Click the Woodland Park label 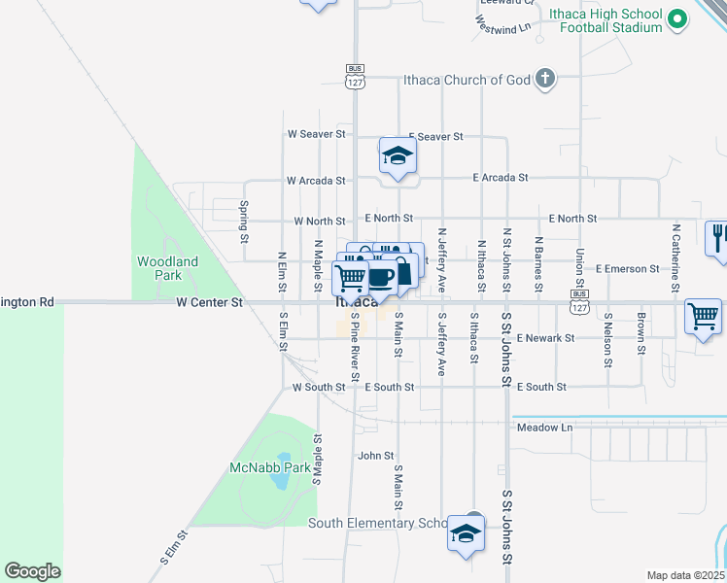167,268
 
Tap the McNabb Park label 269,467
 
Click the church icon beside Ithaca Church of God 545,79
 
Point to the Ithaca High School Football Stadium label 605,20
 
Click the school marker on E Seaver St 398,156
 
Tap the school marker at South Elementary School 467,533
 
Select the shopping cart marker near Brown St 703,316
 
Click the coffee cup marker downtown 381,278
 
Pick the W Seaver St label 316,133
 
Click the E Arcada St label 500,178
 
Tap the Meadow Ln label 544,428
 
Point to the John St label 375,455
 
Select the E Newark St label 546,338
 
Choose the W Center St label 209,303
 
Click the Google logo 32,571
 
